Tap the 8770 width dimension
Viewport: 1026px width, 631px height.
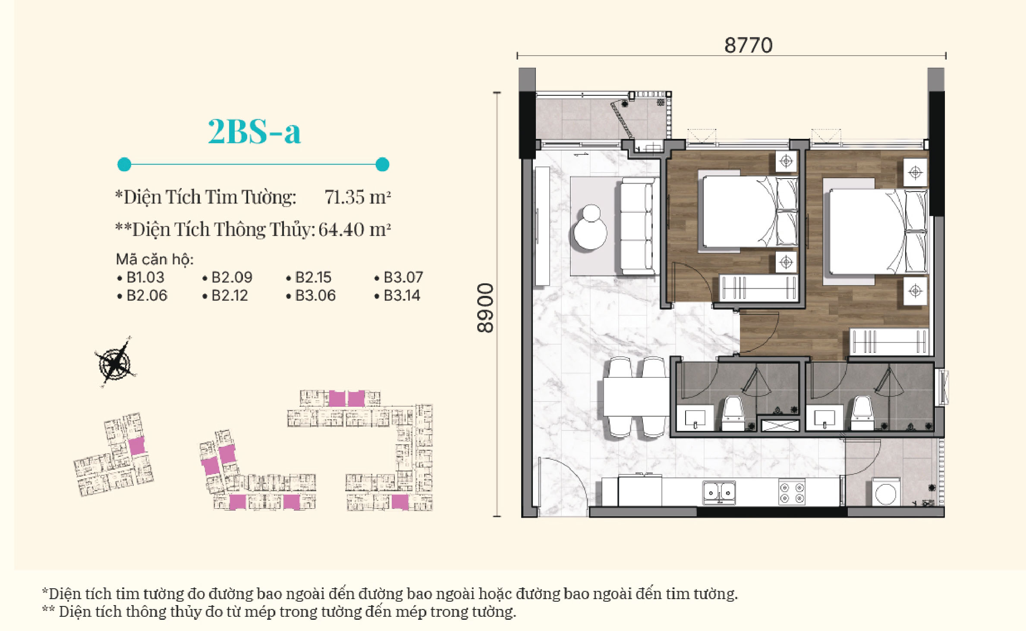point(748,45)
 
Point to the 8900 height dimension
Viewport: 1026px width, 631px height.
point(485,308)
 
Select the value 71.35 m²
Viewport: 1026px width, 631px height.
point(358,197)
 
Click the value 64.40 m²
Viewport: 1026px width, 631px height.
point(355,229)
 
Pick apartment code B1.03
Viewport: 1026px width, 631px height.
point(145,277)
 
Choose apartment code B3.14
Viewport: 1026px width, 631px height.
point(402,295)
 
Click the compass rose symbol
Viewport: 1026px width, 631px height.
point(115,362)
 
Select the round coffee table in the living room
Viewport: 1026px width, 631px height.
point(590,227)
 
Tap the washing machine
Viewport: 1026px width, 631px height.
point(886,492)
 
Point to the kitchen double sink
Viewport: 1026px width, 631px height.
point(719,492)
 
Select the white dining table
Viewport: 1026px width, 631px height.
point(636,396)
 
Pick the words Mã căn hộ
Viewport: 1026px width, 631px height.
point(155,259)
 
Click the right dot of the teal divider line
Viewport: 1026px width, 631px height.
point(382,164)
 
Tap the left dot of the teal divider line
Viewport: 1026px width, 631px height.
point(124,164)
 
